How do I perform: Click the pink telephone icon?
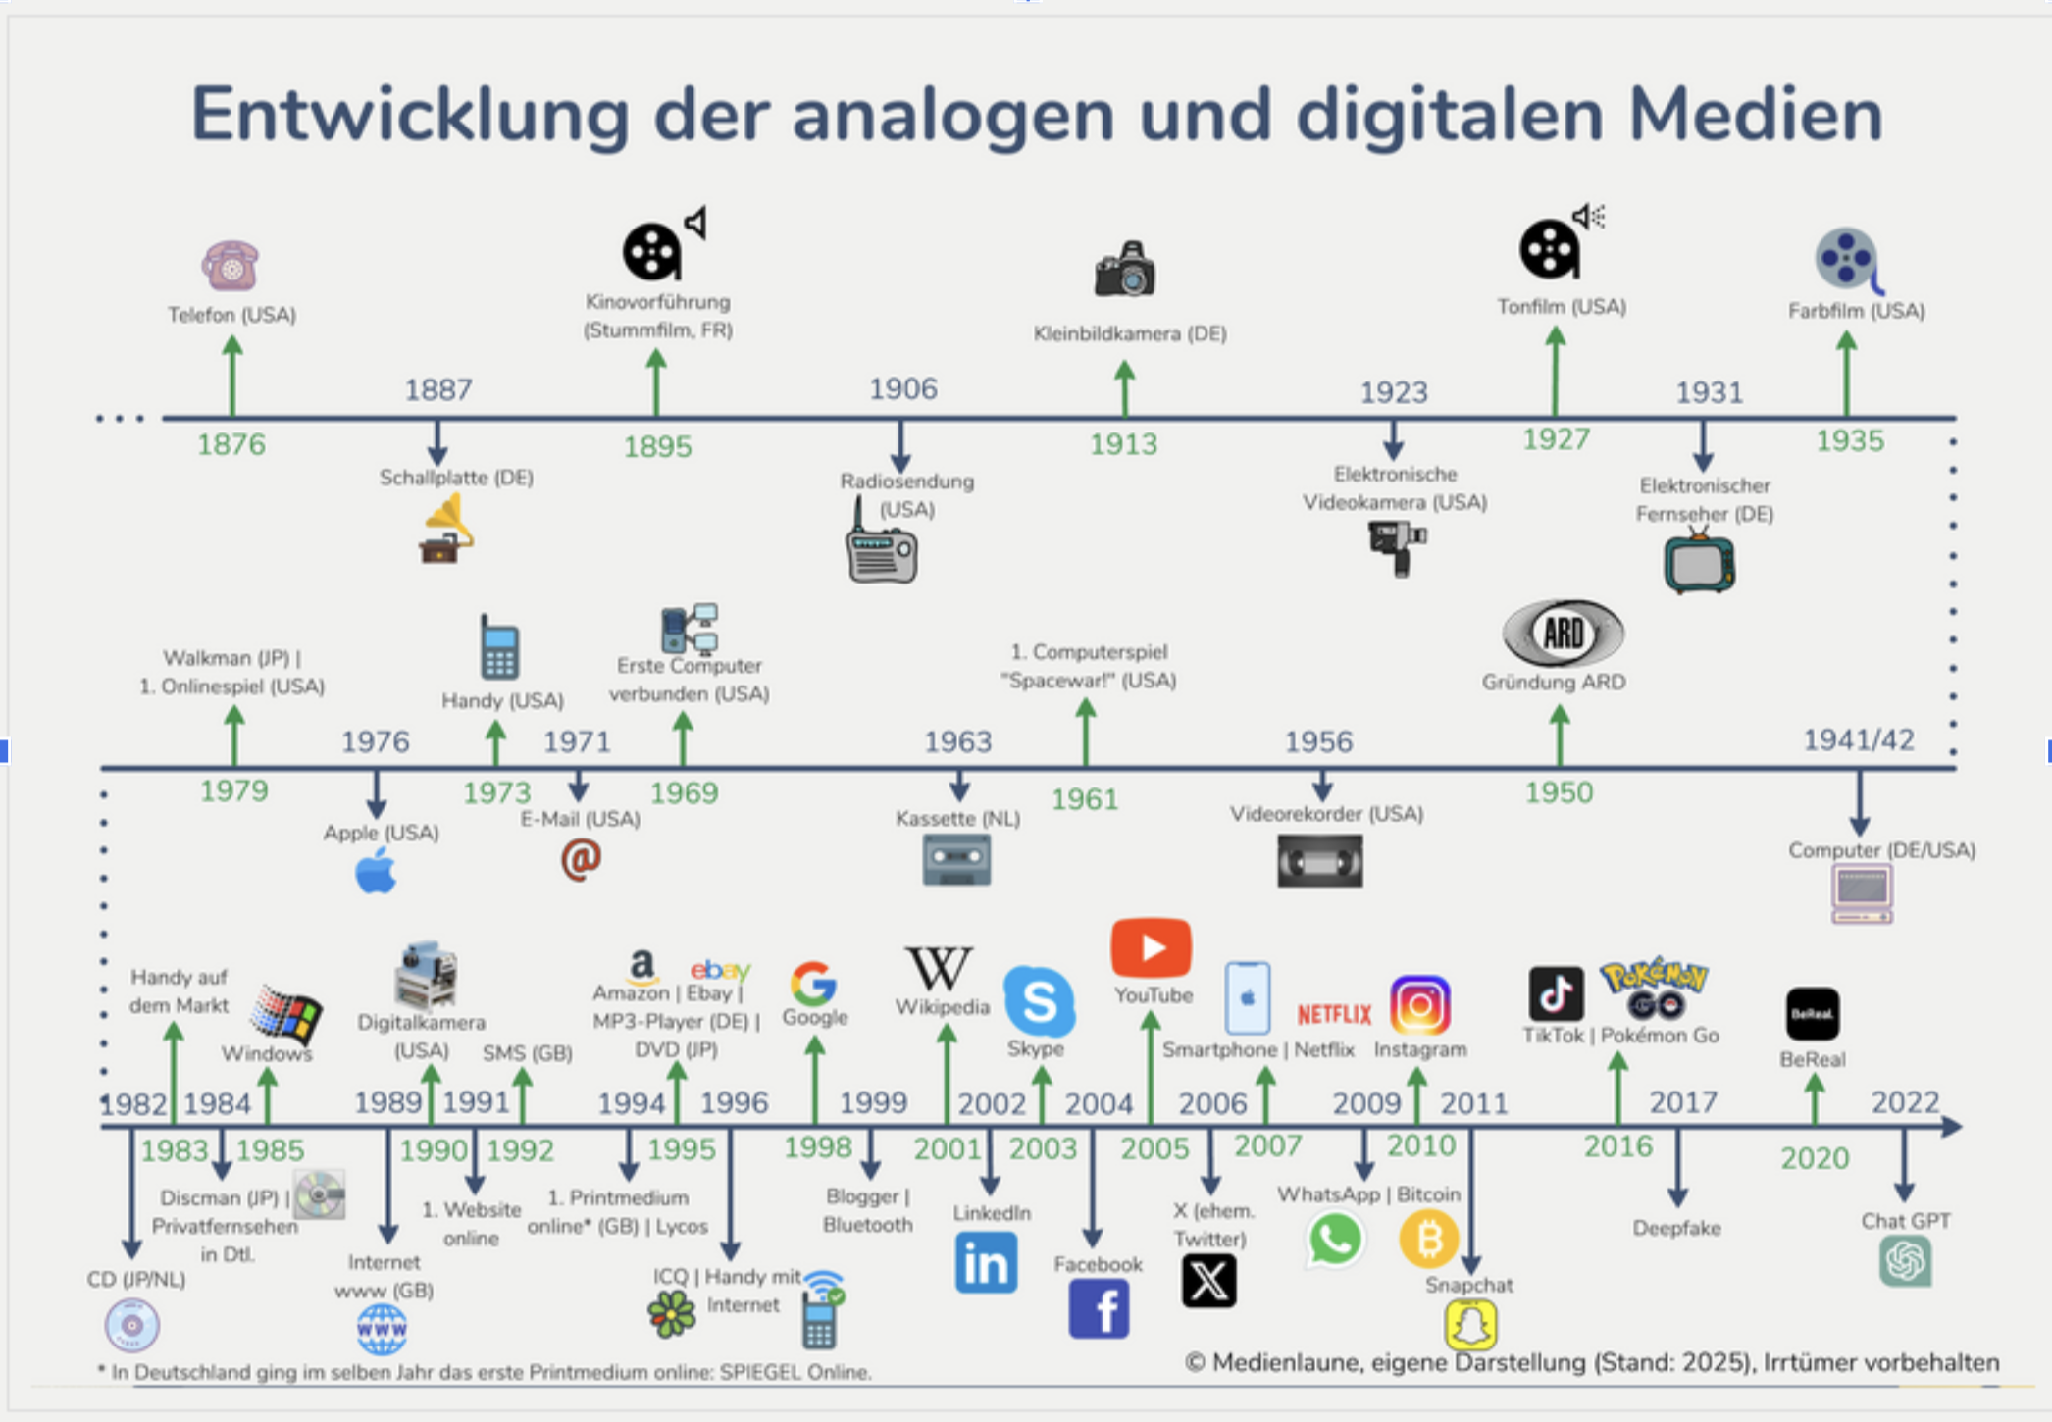pos(231,265)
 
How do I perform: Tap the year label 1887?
pos(438,389)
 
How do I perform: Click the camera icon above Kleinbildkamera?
pos(1124,269)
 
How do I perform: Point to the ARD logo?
pos(1563,634)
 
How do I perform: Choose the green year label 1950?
pos(1559,792)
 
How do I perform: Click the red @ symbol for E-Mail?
pos(581,859)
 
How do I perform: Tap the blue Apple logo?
pos(376,871)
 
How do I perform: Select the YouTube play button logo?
pos(1151,947)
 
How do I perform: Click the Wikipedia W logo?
pos(939,969)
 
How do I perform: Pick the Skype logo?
pos(1039,1000)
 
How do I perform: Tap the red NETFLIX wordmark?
pos(1334,1014)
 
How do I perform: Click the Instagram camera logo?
pos(1419,1004)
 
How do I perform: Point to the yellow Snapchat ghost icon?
pos(1470,1325)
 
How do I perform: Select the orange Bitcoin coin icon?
pos(1428,1239)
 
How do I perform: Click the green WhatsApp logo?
pos(1334,1239)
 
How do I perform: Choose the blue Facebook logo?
pos(1099,1309)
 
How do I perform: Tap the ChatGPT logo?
pos(1906,1261)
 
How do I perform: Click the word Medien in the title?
pos(1755,115)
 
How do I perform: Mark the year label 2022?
pos(1905,1102)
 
